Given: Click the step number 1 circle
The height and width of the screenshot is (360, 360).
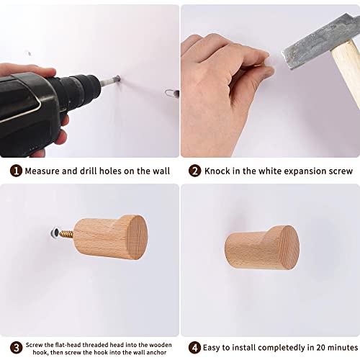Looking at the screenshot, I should pyautogui.click(x=16, y=171).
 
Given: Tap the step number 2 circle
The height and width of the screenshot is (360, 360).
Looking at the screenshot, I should pyautogui.click(x=195, y=171).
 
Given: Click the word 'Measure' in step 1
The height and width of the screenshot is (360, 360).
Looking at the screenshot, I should pyautogui.click(x=45, y=171).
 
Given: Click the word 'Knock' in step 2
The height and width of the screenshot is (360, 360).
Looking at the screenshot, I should pyautogui.click(x=219, y=171).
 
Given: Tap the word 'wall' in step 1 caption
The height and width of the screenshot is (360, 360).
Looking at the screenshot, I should pyautogui.click(x=160, y=171).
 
